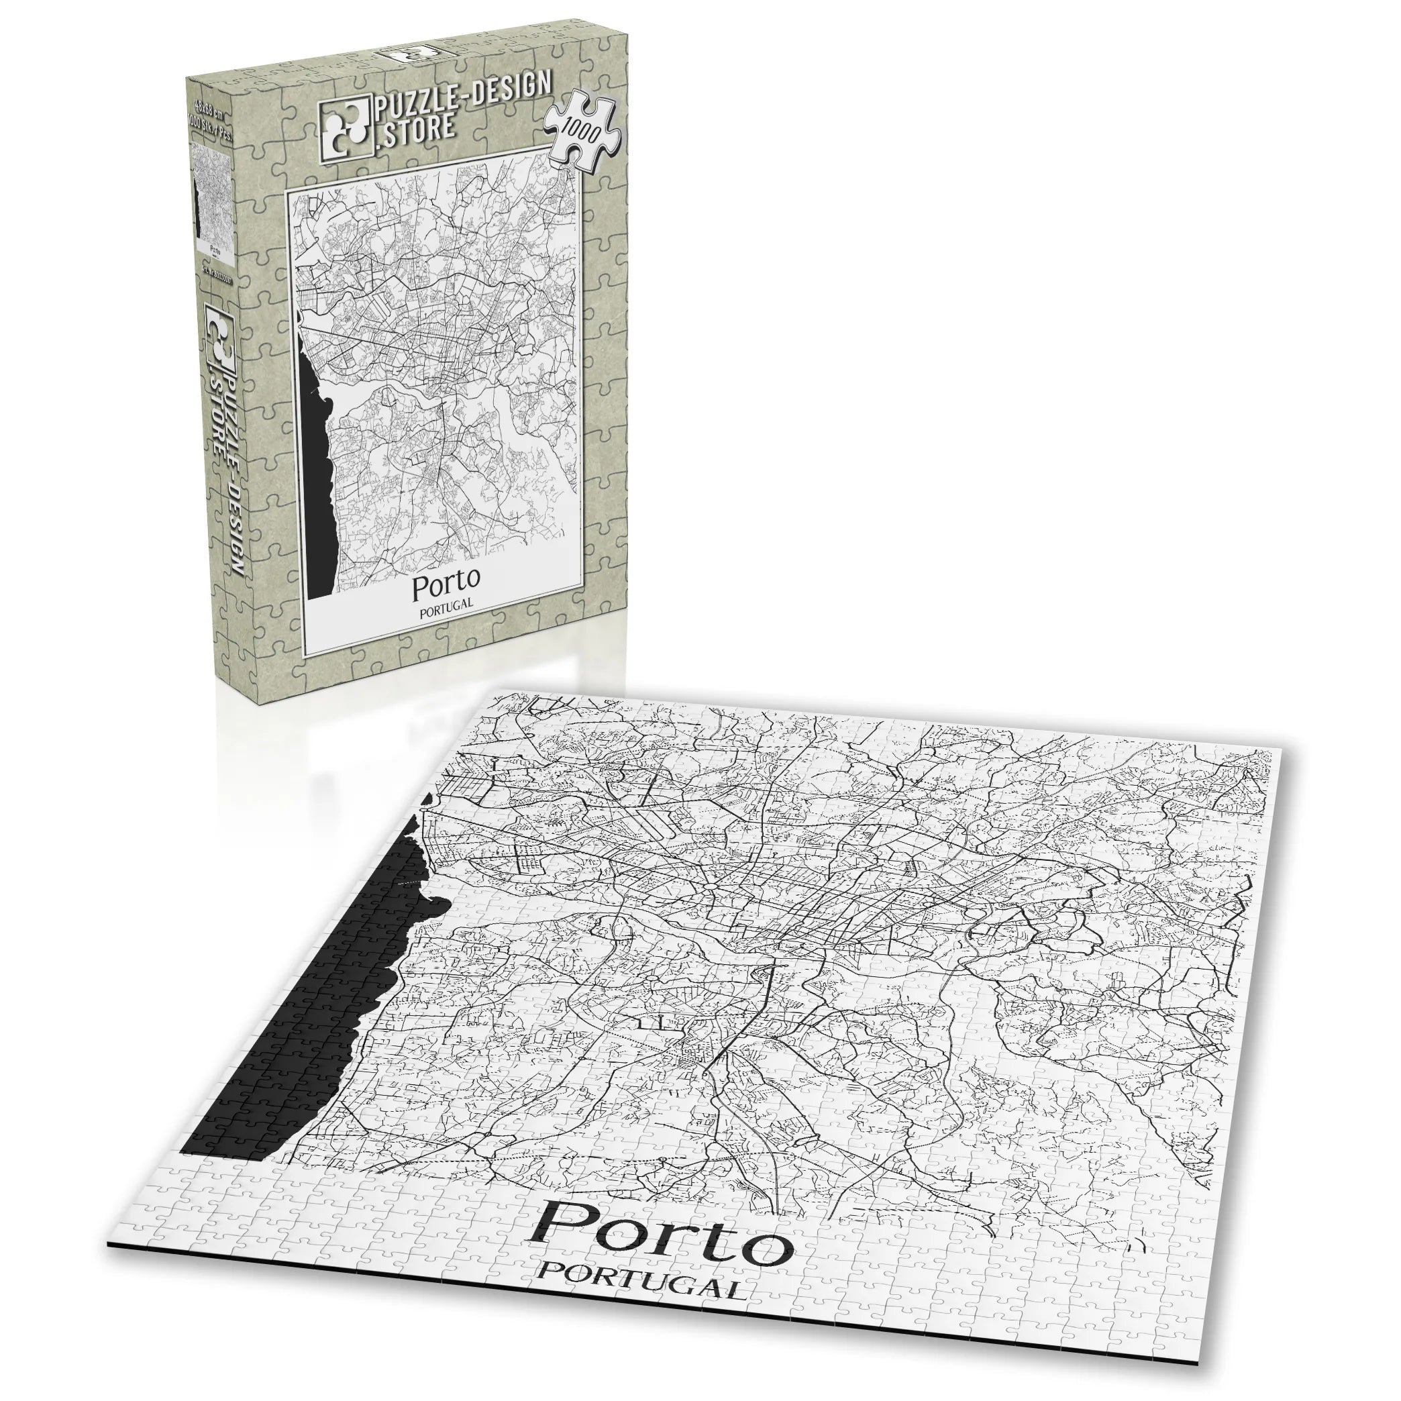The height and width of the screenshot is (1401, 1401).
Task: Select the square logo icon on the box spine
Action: click(x=217, y=333)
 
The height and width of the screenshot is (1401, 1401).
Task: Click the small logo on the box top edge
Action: click(x=406, y=54)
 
